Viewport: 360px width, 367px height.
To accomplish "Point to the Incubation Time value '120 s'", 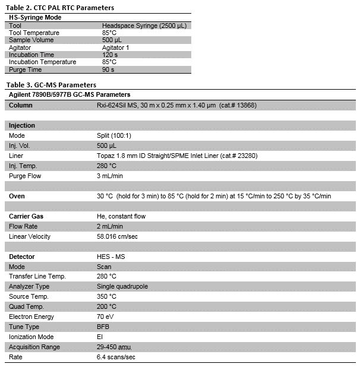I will pos(110,55).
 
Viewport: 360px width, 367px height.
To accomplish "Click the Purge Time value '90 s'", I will pos(108,69).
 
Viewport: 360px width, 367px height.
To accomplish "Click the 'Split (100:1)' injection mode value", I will pos(116,135).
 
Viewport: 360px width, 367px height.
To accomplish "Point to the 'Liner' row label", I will pos(16,156).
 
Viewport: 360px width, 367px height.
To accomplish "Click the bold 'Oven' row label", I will pos(17,196).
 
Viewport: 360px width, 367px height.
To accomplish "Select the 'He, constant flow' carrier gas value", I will pos(121,216).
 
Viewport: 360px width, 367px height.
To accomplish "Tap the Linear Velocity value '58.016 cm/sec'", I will pos(121,236).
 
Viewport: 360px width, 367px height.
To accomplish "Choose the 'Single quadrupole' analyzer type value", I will pos(122,286).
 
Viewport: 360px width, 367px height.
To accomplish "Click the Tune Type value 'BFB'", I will pos(103,327).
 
